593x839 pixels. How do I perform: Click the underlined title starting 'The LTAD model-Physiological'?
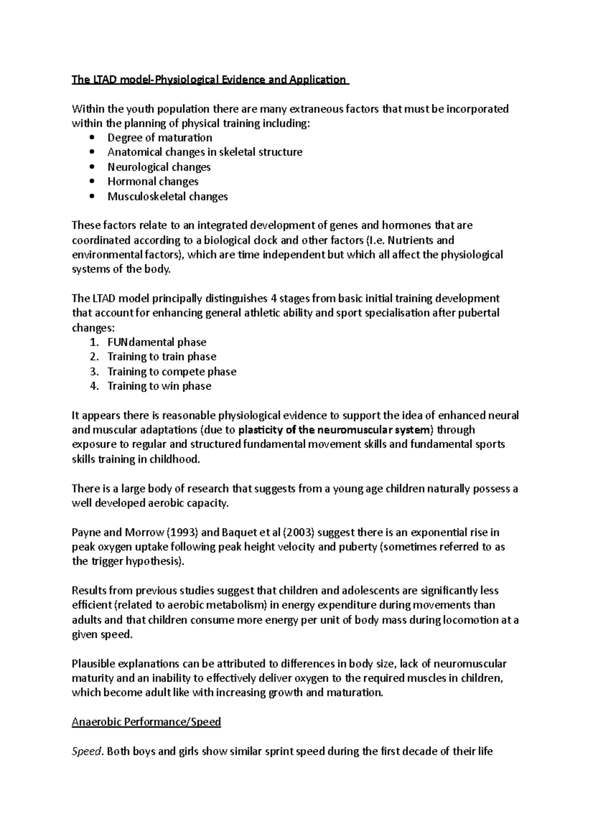coord(210,80)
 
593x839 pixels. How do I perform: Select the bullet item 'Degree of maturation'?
coord(160,138)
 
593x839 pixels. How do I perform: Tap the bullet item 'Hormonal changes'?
coord(153,182)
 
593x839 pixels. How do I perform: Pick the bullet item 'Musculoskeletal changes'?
coord(168,197)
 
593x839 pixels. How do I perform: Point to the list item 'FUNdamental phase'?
coord(157,342)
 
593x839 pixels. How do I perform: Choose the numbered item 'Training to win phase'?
coord(159,386)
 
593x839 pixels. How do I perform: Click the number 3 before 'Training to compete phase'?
coord(94,372)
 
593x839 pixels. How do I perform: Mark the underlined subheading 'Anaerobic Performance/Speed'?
coord(146,722)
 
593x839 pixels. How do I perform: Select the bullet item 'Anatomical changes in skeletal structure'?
coord(205,153)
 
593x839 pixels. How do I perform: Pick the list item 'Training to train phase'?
coord(162,357)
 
